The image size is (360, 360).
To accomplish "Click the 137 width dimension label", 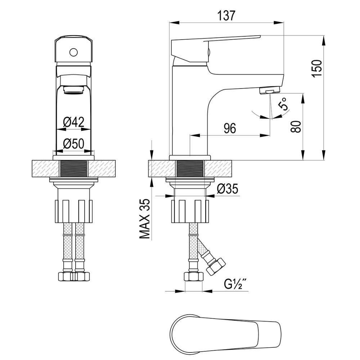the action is pos(226,16).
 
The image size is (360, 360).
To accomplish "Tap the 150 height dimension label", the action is pos(317,68).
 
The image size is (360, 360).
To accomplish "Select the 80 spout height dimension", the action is pos(296,126).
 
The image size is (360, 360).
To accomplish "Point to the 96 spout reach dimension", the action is pos(230,128).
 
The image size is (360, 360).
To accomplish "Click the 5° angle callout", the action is pos(283,104).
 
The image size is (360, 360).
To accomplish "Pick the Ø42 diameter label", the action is pos(74,122).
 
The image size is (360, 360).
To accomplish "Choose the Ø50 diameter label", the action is pos(74,144).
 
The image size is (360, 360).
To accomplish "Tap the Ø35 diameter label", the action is pos(227,189).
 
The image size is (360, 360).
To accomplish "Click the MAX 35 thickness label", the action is pos(145,219).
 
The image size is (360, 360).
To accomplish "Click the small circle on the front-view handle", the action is pos(74,53).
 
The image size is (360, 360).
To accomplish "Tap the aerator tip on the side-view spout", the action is pos(270,90).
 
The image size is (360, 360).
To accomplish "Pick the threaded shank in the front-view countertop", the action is pos(74,169).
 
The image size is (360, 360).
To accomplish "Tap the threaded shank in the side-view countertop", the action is pos(190,169).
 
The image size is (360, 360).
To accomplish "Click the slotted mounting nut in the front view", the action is pos(74,211).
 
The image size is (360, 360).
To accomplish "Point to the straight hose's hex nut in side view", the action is pos(194,276).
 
